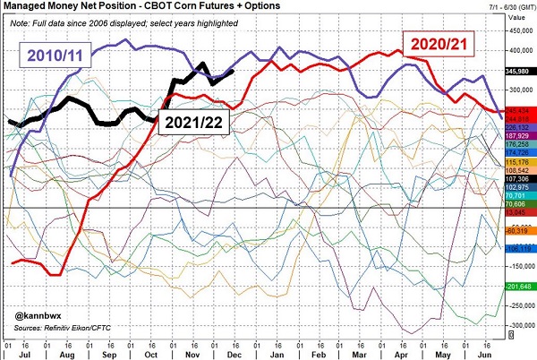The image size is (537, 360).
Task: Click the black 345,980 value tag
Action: (519, 68)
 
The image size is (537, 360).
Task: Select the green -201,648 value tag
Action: (519, 286)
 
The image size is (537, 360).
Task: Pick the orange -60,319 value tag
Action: (519, 230)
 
